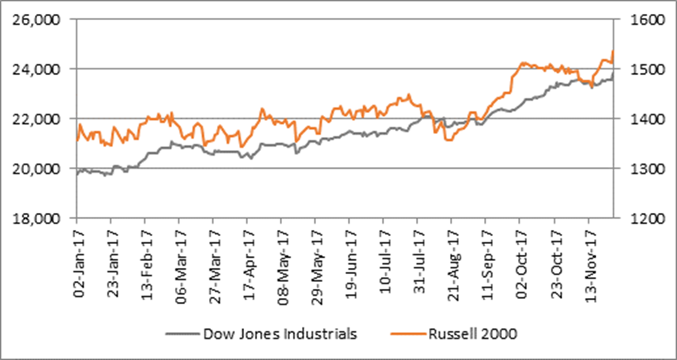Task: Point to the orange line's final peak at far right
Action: [x=612, y=50]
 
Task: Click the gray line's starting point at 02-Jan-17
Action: [x=77, y=175]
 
